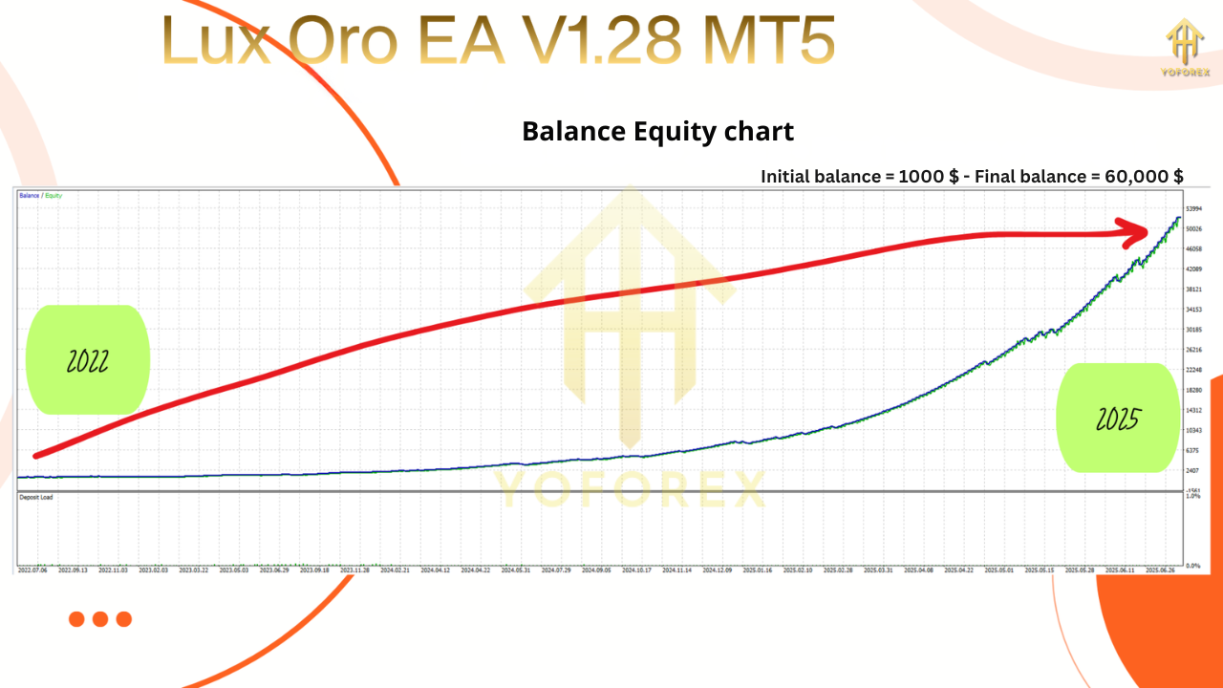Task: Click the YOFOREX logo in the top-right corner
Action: click(1185, 50)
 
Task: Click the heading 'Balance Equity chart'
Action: click(657, 131)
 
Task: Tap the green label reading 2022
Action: click(88, 361)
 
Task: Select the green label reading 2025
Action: click(1116, 418)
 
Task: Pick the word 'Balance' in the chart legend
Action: click(29, 196)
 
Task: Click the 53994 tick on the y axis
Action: click(1193, 208)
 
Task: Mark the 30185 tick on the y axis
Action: click(1193, 330)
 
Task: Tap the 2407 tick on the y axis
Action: click(1192, 470)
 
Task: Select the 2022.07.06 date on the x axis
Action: click(32, 570)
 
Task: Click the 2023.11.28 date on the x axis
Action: click(353, 570)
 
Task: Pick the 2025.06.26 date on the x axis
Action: click(1161, 570)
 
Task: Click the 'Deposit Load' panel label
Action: click(34, 498)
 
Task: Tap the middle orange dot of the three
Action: click(100, 619)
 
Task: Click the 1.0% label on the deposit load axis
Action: click(1192, 497)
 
